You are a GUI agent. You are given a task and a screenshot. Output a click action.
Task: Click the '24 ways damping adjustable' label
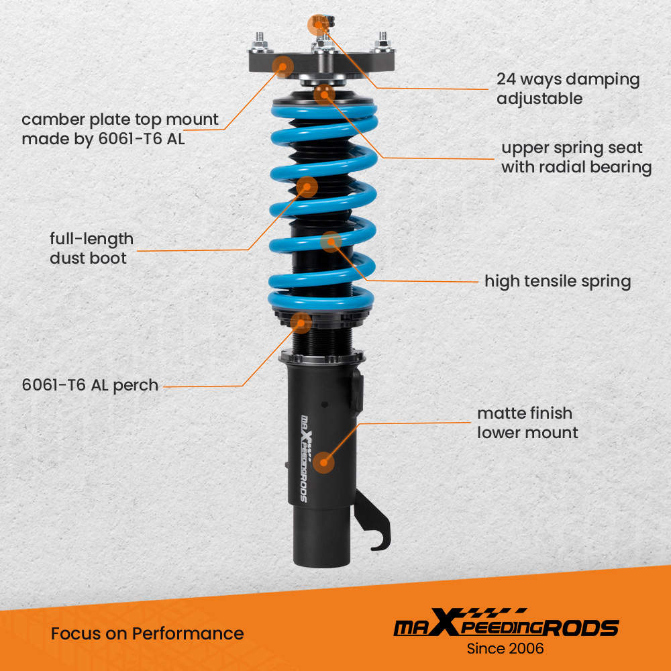pyautogui.click(x=568, y=89)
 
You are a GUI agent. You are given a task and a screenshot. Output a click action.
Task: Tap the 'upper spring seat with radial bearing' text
pyautogui.click(x=576, y=157)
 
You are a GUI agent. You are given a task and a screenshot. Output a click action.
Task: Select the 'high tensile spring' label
pyautogui.click(x=558, y=280)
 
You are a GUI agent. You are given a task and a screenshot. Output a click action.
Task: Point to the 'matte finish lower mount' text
pyautogui.click(x=527, y=423)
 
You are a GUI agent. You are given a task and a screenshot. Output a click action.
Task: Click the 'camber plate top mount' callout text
pyautogui.click(x=120, y=130)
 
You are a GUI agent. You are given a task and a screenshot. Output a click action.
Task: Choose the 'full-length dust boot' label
pyautogui.click(x=91, y=248)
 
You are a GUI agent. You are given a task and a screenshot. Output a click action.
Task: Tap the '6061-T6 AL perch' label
pyautogui.click(x=90, y=385)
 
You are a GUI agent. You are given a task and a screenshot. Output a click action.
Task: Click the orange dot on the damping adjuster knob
pyautogui.click(x=317, y=25)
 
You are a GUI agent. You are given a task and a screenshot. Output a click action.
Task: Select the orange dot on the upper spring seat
pyautogui.click(x=324, y=93)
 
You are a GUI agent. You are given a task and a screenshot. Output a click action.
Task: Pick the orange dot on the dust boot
pyautogui.click(x=306, y=187)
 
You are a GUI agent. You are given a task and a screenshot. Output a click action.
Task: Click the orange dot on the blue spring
pyautogui.click(x=331, y=241)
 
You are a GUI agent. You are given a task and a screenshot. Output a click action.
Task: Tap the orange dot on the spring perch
pyautogui.click(x=302, y=323)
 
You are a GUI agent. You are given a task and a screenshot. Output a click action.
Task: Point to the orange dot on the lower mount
pyautogui.click(x=325, y=462)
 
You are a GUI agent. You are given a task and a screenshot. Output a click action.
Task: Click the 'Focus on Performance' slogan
pyautogui.click(x=147, y=633)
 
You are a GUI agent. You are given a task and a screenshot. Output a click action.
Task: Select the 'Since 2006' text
pyautogui.click(x=505, y=648)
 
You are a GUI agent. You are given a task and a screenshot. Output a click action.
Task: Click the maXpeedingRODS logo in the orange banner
pyautogui.click(x=505, y=626)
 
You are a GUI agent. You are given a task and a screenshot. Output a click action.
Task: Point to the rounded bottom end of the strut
pyautogui.click(x=321, y=556)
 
